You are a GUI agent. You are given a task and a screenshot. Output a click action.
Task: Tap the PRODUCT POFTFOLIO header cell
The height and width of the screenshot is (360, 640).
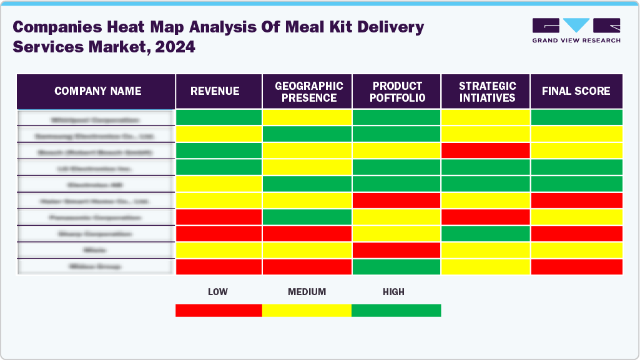click(396, 91)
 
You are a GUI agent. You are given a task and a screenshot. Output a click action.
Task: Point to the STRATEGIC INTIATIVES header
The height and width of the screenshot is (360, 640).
click(485, 91)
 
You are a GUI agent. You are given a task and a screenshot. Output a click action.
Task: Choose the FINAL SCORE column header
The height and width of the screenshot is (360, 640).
click(576, 91)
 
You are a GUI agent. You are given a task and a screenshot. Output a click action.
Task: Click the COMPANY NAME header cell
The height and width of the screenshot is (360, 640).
click(97, 91)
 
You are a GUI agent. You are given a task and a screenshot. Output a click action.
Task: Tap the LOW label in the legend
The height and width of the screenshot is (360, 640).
click(218, 291)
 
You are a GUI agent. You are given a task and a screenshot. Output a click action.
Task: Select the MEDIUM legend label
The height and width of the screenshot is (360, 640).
click(307, 291)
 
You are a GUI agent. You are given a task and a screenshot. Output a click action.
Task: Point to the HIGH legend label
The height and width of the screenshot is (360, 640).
click(393, 291)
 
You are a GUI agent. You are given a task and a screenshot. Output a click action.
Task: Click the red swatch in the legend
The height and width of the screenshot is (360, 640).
click(219, 310)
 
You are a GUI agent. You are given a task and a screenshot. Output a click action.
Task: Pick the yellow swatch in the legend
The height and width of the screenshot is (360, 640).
click(307, 310)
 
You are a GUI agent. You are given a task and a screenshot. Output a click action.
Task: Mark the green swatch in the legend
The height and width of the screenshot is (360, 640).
click(396, 310)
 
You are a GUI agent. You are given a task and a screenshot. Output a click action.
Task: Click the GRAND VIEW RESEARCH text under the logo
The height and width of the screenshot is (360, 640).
click(576, 41)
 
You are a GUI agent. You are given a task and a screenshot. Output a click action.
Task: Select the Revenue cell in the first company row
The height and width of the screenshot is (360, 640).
click(219, 117)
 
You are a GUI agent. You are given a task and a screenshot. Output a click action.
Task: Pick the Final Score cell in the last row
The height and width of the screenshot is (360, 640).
click(576, 266)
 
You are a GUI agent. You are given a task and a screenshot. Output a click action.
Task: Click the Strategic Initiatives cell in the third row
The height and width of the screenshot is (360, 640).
click(485, 150)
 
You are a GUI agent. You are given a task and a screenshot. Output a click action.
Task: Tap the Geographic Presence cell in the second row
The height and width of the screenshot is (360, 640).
click(307, 134)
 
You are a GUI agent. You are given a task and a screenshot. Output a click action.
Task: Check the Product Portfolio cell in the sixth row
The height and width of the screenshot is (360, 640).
click(396, 200)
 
